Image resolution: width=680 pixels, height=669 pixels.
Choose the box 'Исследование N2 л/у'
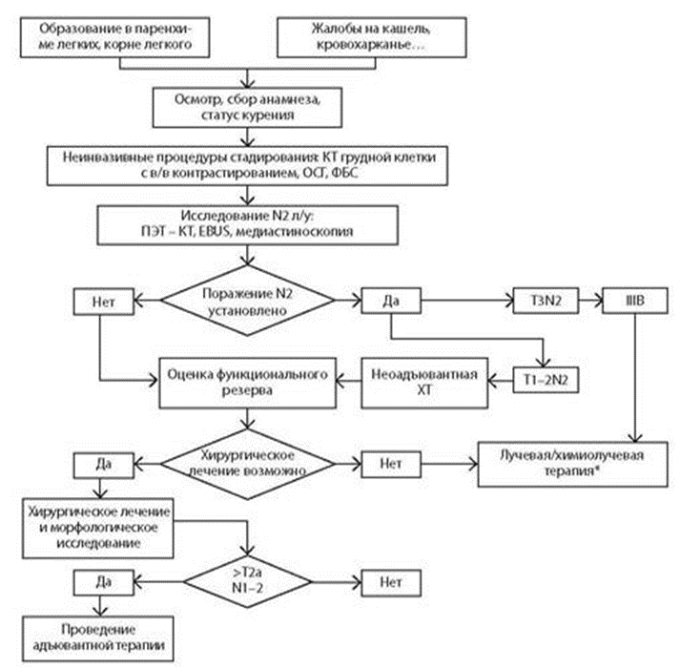point(250,227)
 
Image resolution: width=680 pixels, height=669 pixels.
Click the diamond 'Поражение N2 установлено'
point(250,300)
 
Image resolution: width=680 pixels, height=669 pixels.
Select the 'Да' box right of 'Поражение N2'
point(391,300)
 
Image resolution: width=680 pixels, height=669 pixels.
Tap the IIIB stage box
point(629,300)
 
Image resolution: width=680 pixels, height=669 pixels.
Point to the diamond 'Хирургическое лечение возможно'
point(249,462)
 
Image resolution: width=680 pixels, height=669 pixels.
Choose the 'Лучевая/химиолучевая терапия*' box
point(576,462)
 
